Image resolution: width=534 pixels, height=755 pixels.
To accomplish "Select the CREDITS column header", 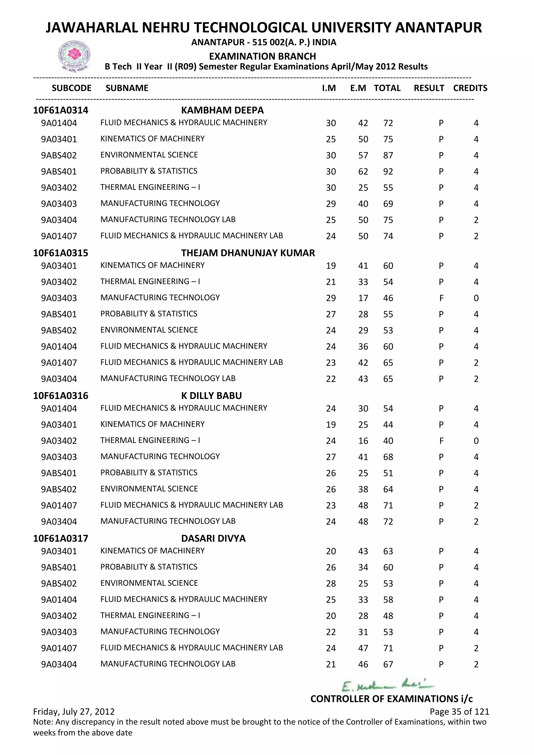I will click(470, 88).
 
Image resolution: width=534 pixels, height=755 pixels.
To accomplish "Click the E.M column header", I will click(358, 88).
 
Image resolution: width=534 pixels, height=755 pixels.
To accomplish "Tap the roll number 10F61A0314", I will click(60, 110).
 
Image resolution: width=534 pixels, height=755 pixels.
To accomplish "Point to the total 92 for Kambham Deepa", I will click(388, 172).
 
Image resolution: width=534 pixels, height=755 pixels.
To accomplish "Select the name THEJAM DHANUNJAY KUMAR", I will click(248, 253).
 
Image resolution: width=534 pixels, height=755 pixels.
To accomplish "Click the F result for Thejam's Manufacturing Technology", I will click(441, 298).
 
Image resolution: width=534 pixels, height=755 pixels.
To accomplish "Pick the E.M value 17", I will click(363, 298).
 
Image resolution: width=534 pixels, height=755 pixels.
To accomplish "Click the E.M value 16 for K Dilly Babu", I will click(363, 441).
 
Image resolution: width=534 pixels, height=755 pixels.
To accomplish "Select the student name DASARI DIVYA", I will click(213, 538).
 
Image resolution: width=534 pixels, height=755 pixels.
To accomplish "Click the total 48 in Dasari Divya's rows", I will click(388, 616).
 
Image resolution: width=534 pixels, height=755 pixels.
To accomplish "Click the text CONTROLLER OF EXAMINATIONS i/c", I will click(391, 699).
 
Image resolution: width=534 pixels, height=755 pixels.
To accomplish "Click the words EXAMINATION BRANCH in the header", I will click(262, 56).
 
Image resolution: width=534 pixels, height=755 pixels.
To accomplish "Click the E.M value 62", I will click(363, 172).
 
